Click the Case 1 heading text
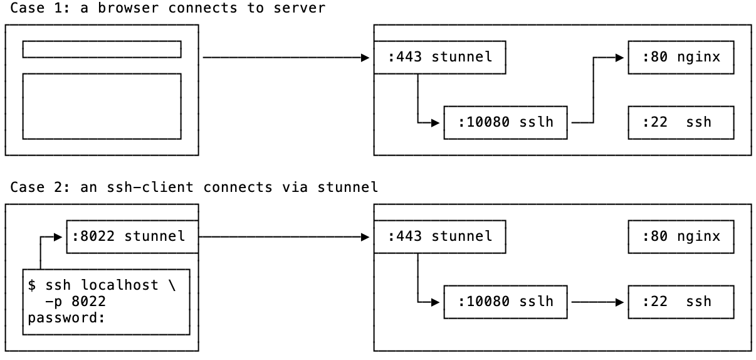pos(168,8)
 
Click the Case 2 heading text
pos(194,187)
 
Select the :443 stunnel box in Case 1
pos(439,58)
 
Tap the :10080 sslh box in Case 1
pos(505,122)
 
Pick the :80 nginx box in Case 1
pos(681,58)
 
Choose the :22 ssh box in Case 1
pos(681,122)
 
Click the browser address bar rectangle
pos(102,49)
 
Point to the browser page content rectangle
pos(102,106)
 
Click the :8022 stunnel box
pos(132,236)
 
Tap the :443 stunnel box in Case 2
pos(439,236)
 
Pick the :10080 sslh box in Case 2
pos(505,302)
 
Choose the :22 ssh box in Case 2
pos(681,302)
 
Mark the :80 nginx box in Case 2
pos(681,236)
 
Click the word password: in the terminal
pos(65,317)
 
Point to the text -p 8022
pos(75,302)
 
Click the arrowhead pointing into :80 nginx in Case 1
pos(620,58)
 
